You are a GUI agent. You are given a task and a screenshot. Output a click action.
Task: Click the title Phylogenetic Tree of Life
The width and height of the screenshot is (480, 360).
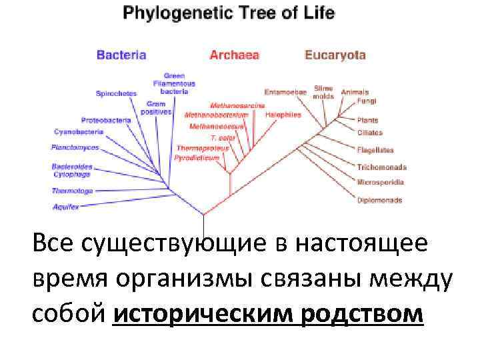tap(228, 13)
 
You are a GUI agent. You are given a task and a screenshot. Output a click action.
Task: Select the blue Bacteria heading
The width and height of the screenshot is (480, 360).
tap(121, 55)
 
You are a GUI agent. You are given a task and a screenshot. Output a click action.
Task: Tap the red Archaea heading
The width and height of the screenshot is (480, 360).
tap(234, 55)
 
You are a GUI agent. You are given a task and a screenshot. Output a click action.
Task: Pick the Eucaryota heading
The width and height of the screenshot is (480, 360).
tap(335, 55)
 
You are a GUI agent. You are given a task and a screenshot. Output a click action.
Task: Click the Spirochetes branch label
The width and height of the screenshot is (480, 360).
tap(116, 93)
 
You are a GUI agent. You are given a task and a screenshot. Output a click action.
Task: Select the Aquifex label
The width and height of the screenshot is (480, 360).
tap(66, 207)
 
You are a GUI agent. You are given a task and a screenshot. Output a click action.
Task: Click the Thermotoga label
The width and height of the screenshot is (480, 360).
tap(72, 191)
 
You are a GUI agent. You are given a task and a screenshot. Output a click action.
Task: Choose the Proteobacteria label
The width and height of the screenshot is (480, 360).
tap(106, 120)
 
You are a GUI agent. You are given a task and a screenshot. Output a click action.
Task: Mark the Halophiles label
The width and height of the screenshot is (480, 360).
tap(283, 115)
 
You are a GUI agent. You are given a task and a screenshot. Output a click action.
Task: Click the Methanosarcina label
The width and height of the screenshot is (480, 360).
tap(237, 105)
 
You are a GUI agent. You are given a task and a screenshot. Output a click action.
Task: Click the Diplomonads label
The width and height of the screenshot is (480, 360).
tap(379, 200)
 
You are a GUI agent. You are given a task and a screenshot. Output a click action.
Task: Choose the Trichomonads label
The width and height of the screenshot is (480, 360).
tap(381, 167)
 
